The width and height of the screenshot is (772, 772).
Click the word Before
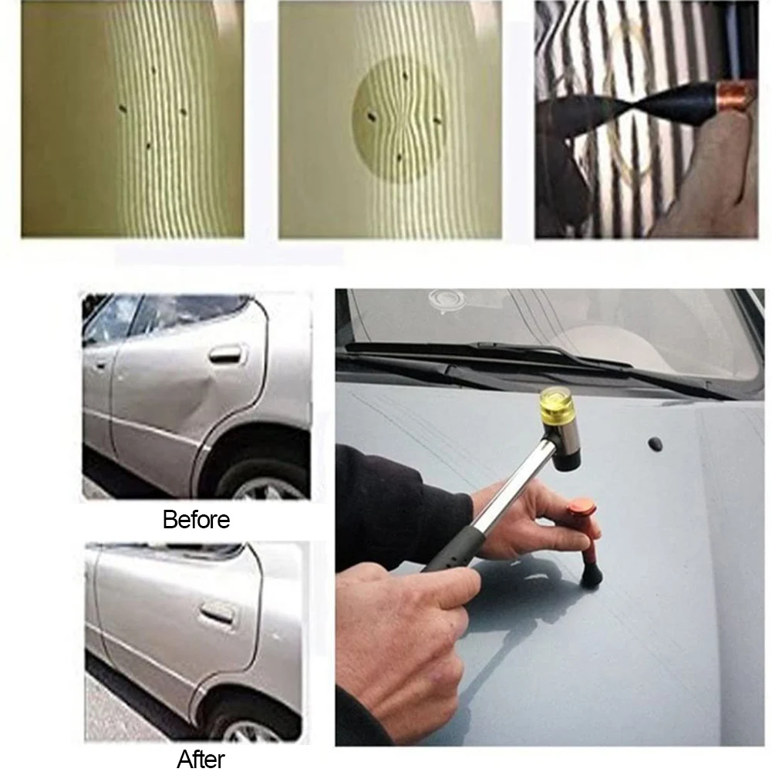(196, 520)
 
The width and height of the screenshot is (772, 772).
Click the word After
(201, 759)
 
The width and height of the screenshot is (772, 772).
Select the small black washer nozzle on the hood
(654, 444)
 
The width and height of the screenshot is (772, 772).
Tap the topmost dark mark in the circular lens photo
(405, 76)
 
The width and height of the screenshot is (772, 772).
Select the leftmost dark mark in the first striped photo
(122, 108)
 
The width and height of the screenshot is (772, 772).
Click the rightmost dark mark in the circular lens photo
(438, 119)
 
